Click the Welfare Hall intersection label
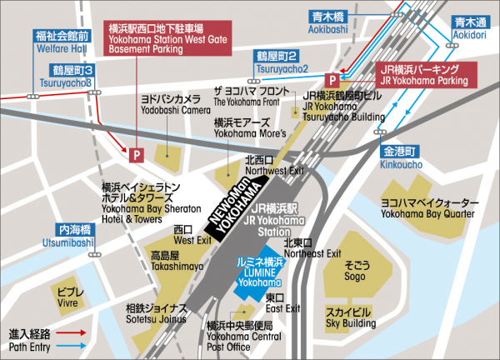[62, 42]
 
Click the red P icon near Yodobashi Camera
[133, 152]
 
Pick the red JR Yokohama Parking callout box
[424, 75]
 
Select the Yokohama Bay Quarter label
[429, 207]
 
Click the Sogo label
[357, 269]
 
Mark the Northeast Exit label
[312, 247]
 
